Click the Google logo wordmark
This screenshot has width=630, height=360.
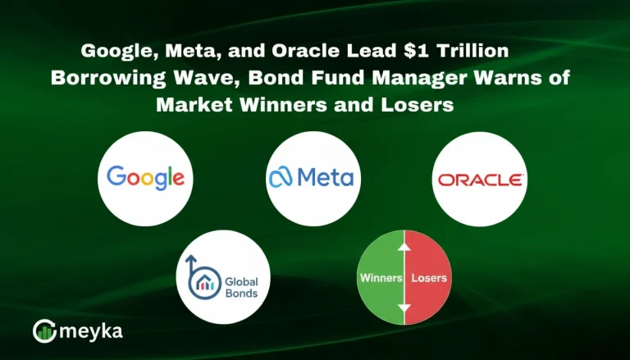pos(145,177)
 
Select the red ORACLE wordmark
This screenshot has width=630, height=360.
pos(480,179)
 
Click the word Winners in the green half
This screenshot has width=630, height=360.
pos(381,278)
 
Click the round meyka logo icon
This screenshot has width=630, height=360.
pos(43,330)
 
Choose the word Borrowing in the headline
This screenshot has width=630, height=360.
pos(102,78)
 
